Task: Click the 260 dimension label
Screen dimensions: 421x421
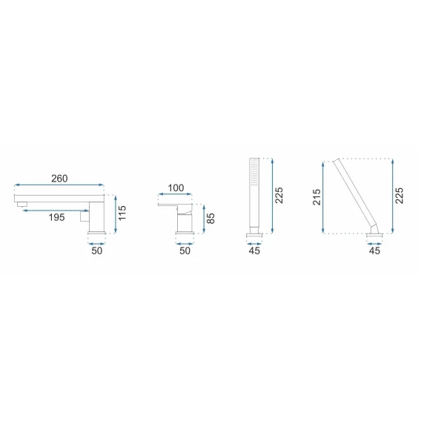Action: (59, 179)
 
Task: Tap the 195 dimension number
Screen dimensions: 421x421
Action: (56, 217)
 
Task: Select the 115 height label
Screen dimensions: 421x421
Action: (122, 213)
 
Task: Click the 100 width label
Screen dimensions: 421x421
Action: (176, 188)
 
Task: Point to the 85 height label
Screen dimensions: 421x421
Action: (210, 219)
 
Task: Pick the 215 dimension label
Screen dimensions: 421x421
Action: (316, 197)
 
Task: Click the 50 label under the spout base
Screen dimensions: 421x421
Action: (96, 251)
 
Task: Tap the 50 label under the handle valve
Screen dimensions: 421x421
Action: (185, 251)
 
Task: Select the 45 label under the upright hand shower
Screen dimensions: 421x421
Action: (254, 251)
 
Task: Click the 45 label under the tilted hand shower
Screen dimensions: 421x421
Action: (374, 251)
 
